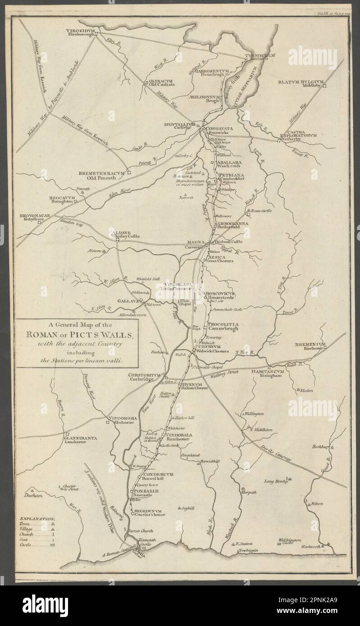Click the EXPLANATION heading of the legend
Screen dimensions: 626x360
[36, 519]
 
